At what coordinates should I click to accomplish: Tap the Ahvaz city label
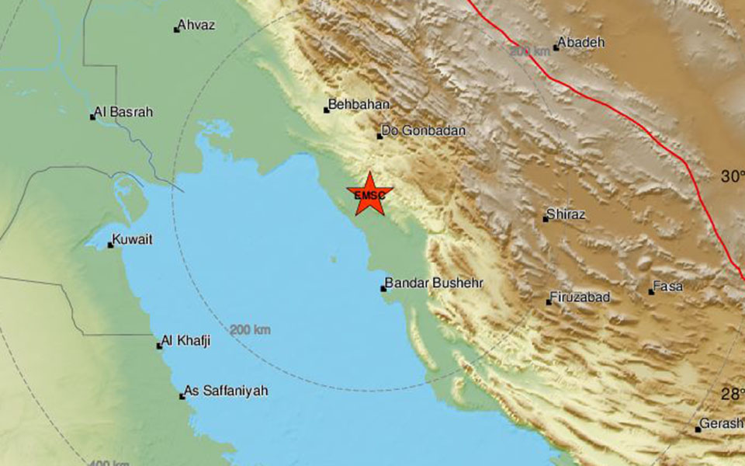coord(196,26)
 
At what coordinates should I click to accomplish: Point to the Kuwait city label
coord(133,240)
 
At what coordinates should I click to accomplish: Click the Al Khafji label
coord(187,340)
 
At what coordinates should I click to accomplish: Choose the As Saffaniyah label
coord(226,391)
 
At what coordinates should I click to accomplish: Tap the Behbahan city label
coord(359,104)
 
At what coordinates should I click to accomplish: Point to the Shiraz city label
coord(566,214)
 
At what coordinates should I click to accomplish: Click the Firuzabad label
coord(580,297)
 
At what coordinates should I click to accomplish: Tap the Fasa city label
coord(668,287)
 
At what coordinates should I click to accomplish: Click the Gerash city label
coord(721,425)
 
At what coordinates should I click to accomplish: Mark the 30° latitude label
coord(732,176)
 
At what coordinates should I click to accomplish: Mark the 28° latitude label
coord(732,394)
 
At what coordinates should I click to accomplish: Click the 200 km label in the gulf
coord(251,330)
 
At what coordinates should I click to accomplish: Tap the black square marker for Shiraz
coord(546,219)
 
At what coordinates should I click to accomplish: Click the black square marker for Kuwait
coord(111,245)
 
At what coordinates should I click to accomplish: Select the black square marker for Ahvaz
coord(176,30)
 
